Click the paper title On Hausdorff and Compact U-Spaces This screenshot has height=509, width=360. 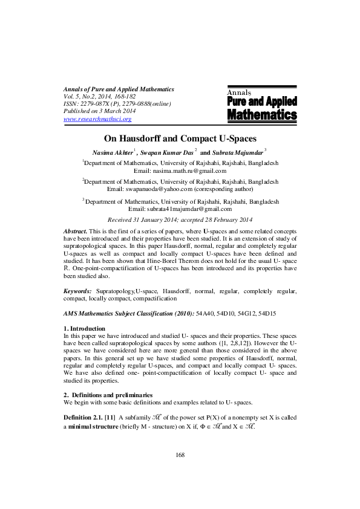(180, 138)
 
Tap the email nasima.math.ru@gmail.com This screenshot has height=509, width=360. (196, 171)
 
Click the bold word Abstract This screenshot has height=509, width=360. (76, 232)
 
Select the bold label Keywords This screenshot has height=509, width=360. (77, 291)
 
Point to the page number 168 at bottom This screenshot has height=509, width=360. (180, 472)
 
